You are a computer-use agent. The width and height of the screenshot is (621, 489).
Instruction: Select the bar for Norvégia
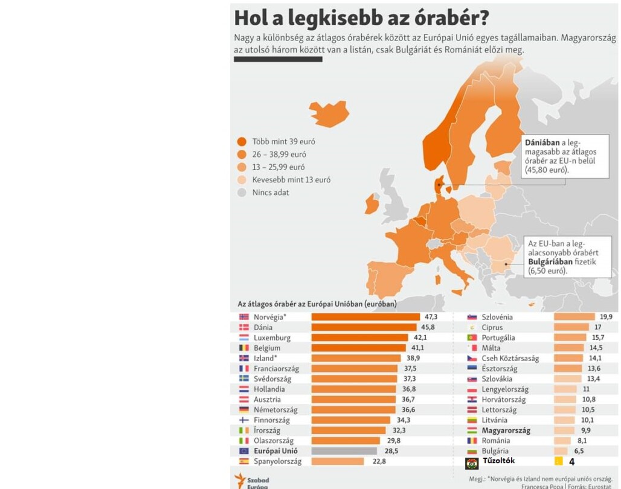[365, 316]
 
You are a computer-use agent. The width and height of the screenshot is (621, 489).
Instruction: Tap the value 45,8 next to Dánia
[428, 327]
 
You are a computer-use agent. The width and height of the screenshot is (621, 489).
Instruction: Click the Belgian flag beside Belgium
[244, 348]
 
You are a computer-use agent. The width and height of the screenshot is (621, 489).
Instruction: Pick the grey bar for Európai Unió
[344, 450]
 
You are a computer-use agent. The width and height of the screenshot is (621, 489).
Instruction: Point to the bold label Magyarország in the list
[506, 430]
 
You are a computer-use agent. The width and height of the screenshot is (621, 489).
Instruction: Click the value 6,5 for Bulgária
[579, 451]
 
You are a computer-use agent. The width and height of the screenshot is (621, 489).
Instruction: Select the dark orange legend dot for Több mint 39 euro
[242, 142]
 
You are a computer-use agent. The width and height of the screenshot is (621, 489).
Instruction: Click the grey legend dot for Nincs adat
[242, 193]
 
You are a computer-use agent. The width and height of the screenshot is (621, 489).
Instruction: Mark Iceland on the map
[329, 113]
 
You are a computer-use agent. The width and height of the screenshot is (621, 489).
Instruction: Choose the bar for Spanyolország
[338, 461]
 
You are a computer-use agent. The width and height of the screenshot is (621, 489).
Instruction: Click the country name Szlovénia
[497, 317]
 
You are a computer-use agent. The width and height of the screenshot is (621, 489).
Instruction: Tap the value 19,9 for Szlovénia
[606, 317]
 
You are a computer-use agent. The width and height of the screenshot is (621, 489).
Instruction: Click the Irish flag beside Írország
[244, 430]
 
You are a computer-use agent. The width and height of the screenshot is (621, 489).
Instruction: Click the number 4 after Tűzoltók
[571, 462]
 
